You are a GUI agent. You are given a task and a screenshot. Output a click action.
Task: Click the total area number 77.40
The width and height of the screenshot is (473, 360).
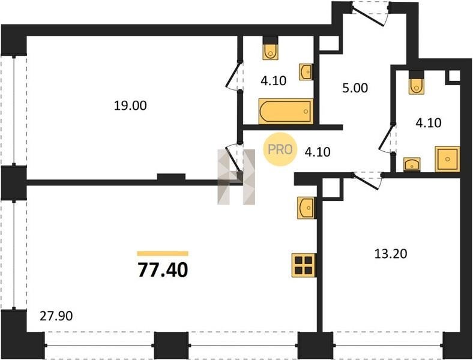pos(163,269)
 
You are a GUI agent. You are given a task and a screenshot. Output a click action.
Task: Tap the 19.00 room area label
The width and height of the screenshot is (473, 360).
pos(130,106)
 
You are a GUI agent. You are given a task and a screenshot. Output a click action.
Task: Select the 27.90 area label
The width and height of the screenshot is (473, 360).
pos(56,316)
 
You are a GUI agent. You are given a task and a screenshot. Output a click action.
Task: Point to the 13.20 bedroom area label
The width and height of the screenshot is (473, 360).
pos(391,254)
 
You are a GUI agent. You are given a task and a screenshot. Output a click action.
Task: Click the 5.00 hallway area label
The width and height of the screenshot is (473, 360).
pos(355,88)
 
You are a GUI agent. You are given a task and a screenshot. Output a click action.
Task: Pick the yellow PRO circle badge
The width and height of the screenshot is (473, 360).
pos(279,149)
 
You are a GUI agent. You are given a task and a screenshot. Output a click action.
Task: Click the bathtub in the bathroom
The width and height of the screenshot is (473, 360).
pos(286,111)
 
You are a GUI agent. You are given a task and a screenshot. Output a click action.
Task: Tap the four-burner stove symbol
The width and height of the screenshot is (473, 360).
pos(304,265)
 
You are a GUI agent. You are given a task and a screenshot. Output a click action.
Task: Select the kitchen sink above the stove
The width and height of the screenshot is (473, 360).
pos(307,208)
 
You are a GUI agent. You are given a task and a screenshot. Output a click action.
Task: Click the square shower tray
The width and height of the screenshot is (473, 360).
pos(447,159)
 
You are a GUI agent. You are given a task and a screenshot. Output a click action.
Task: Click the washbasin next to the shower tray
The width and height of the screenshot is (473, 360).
pos(412,164)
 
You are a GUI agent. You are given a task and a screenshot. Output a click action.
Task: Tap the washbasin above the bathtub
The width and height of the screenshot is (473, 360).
pos(306,72)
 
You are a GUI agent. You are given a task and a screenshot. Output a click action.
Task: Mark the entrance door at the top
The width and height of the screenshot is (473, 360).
pos(371,14)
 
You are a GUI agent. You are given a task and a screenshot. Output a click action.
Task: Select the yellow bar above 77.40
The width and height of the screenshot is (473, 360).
pos(163,254)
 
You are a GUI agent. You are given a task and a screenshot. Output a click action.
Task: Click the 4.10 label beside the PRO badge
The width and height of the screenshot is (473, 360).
pos(318,152)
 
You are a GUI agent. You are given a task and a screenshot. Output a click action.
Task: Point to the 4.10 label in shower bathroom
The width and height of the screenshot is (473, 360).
pos(429,123)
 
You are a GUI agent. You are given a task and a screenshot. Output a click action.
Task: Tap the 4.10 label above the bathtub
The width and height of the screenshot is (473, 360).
pos(273,81)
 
